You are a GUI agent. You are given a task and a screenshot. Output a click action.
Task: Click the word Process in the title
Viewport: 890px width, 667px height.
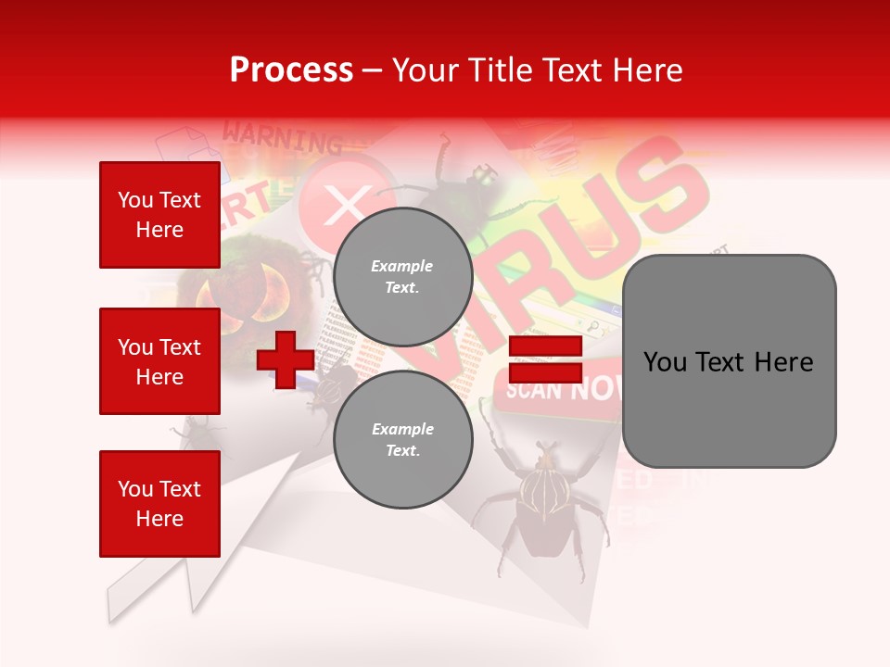point(291,70)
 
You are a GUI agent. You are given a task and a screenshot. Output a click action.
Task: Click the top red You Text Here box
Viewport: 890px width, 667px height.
point(159,215)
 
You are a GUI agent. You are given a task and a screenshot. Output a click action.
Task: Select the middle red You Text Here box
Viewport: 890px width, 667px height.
point(159,361)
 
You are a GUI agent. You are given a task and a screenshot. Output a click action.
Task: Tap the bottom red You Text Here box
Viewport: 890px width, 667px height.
point(159,504)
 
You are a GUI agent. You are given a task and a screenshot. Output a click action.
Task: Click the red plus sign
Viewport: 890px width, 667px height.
point(285,359)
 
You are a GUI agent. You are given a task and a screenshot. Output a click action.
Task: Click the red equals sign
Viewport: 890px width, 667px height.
point(545,359)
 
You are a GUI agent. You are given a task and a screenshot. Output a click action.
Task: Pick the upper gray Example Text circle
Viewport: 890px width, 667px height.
point(402,276)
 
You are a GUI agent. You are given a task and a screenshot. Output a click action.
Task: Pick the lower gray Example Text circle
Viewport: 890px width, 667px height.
point(402,439)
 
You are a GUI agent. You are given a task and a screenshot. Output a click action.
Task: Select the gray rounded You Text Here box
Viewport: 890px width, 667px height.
point(729,361)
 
